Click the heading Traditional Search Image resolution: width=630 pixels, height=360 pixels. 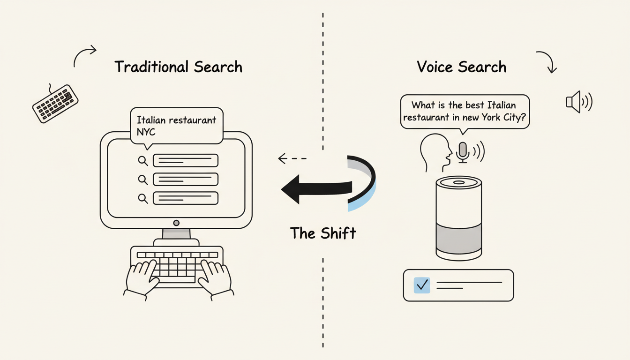click(x=178, y=67)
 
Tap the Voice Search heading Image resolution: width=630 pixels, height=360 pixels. click(x=461, y=67)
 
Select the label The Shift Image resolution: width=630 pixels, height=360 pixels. click(x=323, y=233)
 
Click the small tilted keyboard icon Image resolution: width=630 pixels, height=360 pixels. click(x=55, y=104)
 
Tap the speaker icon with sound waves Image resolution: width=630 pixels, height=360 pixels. click(x=578, y=102)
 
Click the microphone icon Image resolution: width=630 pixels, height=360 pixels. click(x=463, y=152)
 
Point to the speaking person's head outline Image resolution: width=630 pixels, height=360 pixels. click(x=434, y=151)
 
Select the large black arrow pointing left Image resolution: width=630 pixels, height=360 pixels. click(x=319, y=189)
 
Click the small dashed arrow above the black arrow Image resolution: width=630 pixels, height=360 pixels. click(x=292, y=158)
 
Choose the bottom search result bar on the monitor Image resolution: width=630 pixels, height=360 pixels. click(x=186, y=198)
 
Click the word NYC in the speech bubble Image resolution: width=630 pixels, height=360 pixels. click(x=146, y=132)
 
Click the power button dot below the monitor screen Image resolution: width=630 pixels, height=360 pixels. click(x=176, y=223)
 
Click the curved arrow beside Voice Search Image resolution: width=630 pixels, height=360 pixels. click(x=547, y=61)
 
